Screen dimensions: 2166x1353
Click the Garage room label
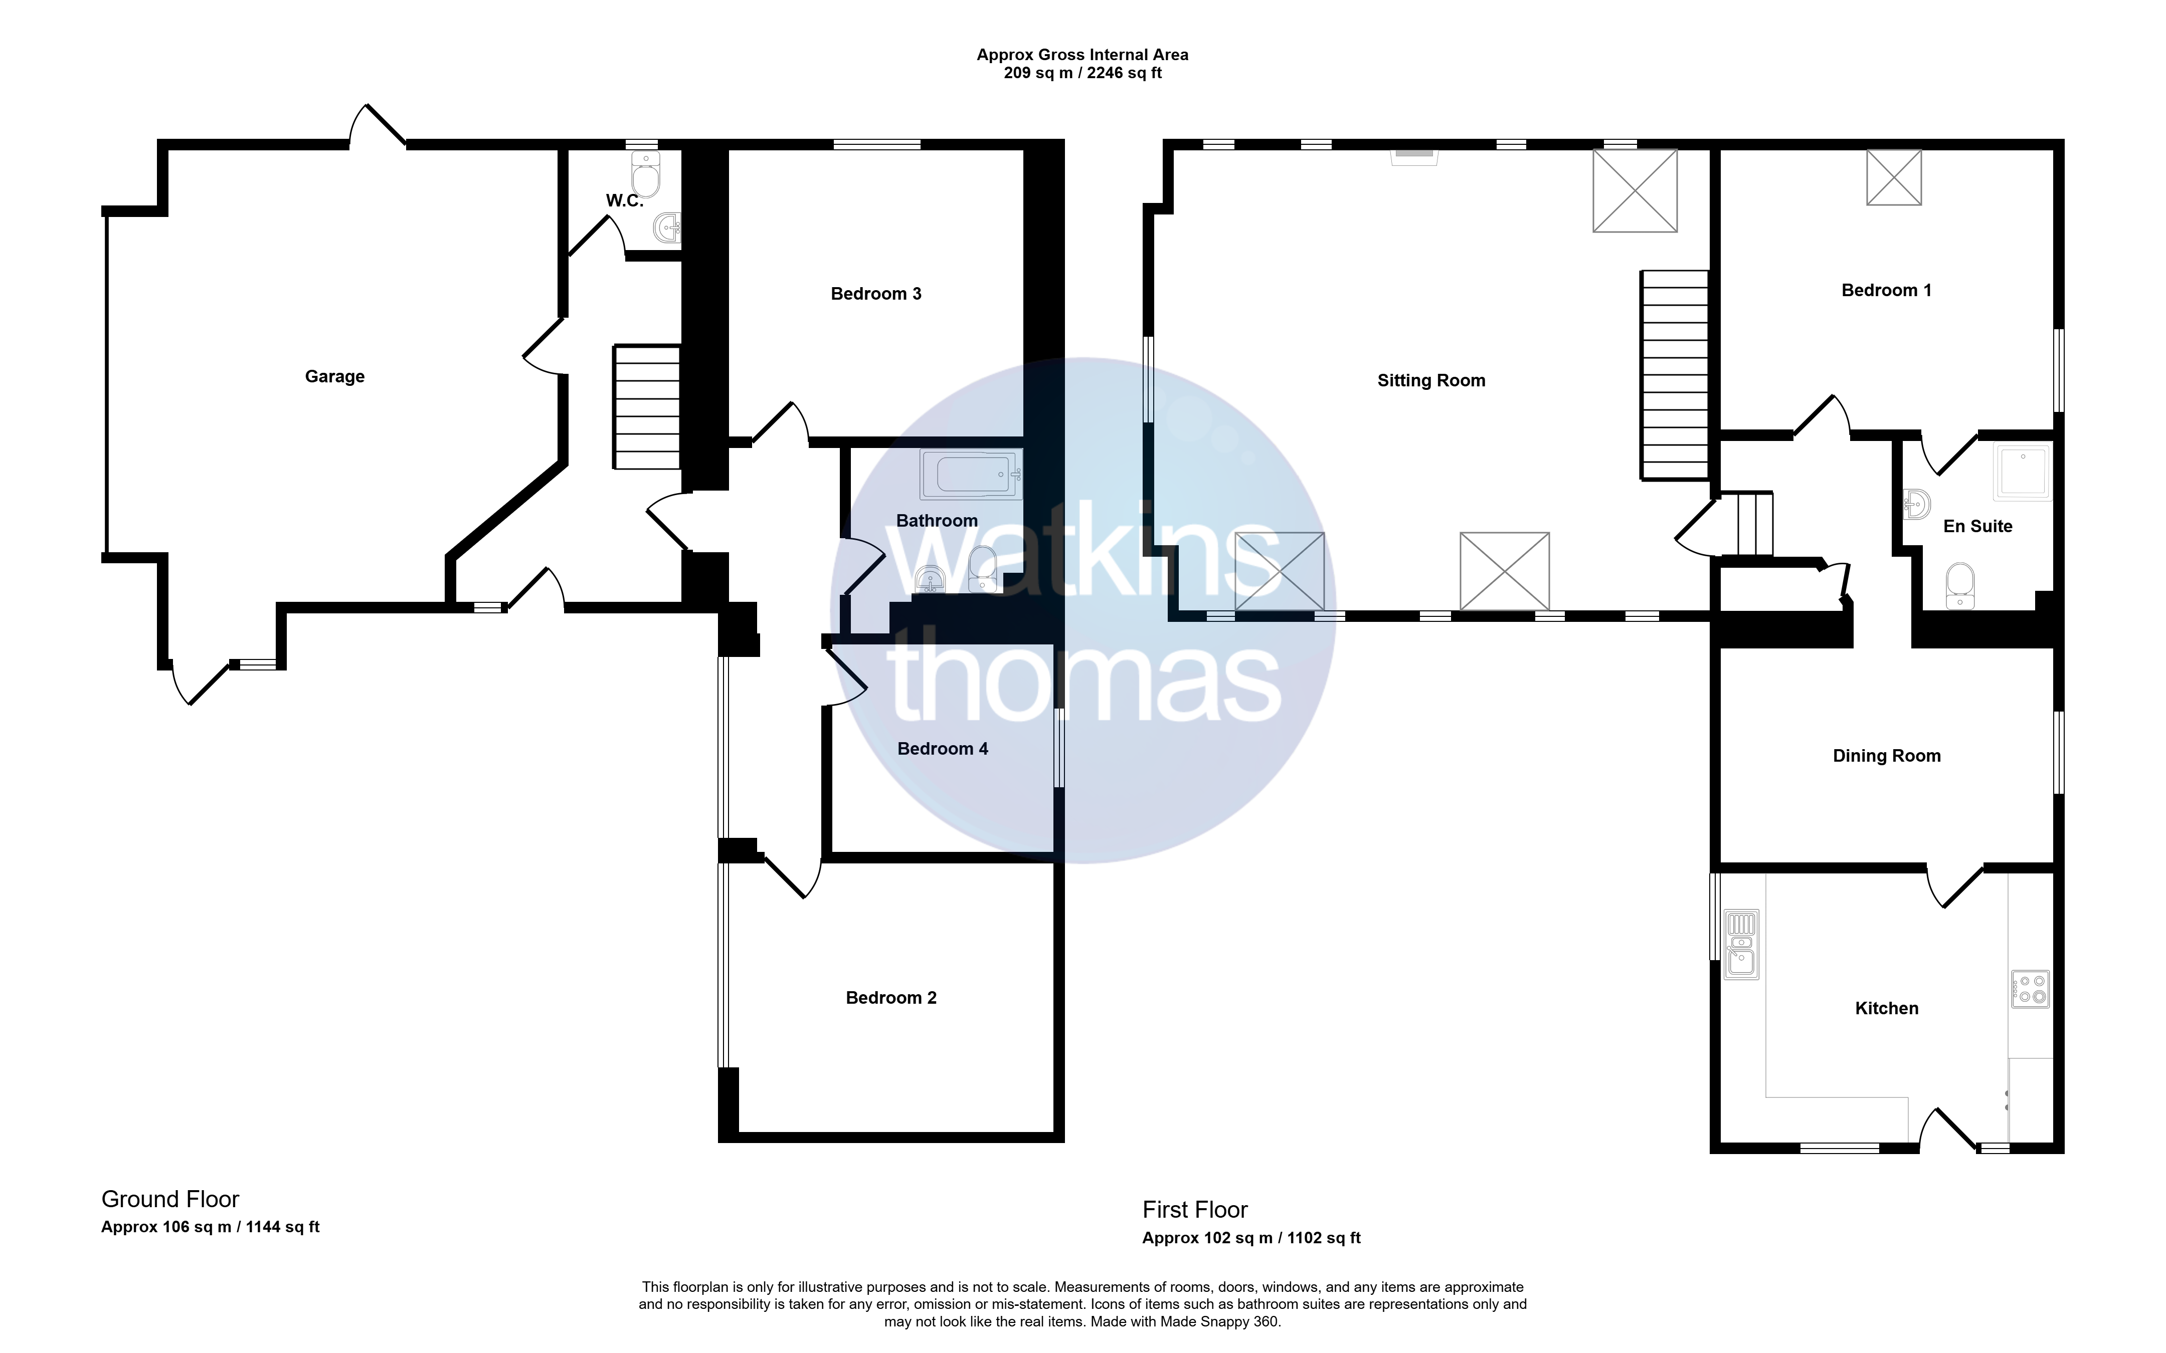click(335, 377)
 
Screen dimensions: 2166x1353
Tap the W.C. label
click(625, 200)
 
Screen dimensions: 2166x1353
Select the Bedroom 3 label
click(876, 294)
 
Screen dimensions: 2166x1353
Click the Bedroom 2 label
click(891, 998)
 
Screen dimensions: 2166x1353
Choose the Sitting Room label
click(1431, 380)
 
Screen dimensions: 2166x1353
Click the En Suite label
click(1978, 526)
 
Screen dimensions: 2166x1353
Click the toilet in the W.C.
click(645, 173)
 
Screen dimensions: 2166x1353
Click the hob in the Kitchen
click(2030, 989)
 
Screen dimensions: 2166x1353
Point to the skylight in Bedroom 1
click(1894, 177)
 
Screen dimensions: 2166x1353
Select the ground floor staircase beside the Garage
click(646, 407)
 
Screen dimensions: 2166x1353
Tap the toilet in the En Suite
click(1960, 585)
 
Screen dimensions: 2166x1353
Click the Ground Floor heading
click(170, 1199)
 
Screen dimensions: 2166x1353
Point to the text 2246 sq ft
click(1124, 73)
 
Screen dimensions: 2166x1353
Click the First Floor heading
click(1195, 1210)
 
